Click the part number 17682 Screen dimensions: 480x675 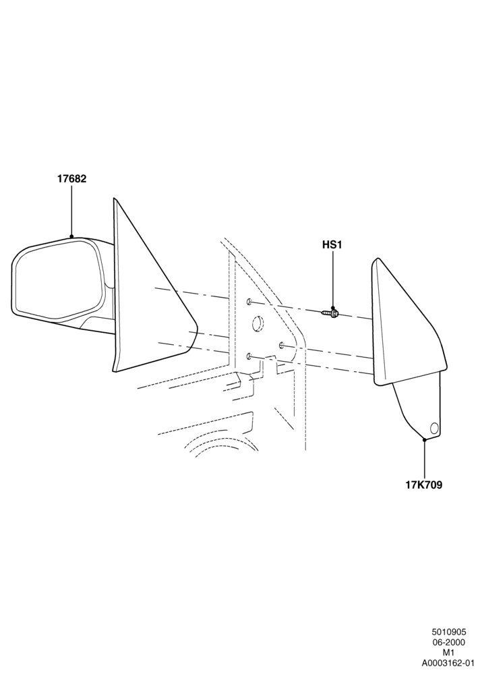[72, 179]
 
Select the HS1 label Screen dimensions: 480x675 [332, 245]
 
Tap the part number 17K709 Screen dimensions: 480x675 [424, 485]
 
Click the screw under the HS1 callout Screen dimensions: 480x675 [331, 313]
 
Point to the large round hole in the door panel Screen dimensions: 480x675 [258, 324]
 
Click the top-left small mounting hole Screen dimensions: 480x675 [249, 301]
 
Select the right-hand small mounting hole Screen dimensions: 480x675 [281, 344]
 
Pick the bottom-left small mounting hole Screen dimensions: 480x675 [249, 356]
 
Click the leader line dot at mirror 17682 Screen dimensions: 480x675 [71, 236]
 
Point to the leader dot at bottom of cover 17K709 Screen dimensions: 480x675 [425, 439]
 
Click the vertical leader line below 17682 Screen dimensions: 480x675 [71, 210]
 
